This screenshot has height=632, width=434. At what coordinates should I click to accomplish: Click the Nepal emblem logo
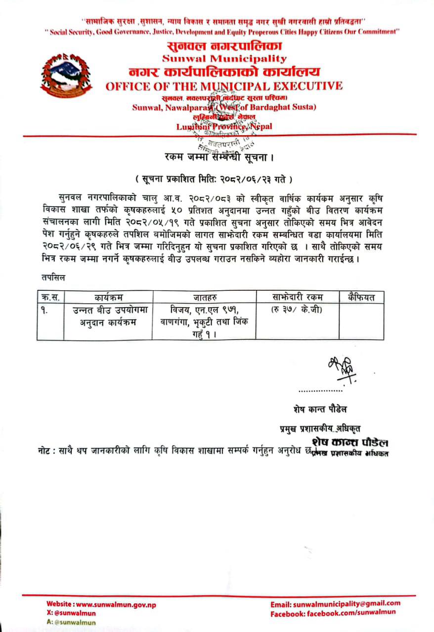point(66,76)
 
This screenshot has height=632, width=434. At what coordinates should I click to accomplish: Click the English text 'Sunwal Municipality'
point(224,59)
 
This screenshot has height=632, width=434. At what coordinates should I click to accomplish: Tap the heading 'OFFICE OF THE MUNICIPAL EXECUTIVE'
point(224,86)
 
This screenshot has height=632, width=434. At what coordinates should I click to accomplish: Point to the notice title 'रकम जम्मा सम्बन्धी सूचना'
point(219,157)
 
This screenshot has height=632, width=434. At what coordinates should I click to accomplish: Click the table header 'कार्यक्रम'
point(108,297)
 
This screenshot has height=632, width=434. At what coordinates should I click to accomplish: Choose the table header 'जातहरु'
point(204,297)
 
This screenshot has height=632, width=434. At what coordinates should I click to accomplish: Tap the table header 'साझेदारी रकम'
point(297,297)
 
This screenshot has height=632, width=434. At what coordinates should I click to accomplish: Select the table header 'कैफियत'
point(361,297)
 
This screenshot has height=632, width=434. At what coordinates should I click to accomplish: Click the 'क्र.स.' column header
point(50,297)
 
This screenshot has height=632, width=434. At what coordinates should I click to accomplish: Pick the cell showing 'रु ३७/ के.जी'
point(297,310)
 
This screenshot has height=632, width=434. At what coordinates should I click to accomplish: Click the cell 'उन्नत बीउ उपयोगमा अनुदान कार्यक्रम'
point(108,316)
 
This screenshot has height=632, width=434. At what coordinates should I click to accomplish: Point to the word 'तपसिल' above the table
point(53,278)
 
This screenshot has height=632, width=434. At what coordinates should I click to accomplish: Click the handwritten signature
point(339,368)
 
